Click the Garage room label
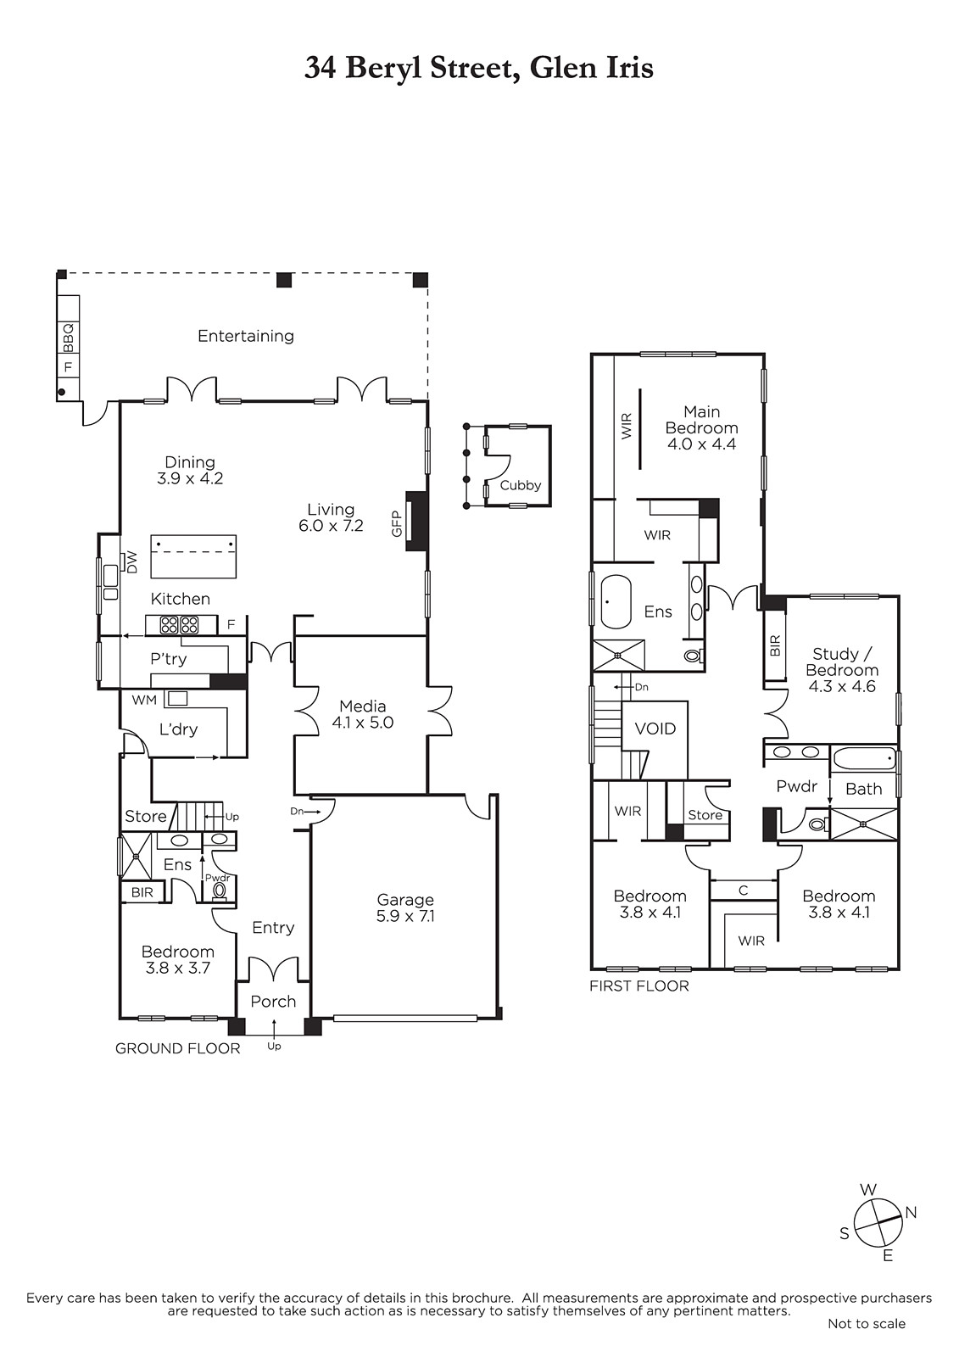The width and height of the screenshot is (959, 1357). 405,900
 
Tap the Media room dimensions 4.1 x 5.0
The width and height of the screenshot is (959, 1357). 362,722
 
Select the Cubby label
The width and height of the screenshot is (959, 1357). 521,485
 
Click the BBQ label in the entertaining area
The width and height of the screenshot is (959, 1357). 68,338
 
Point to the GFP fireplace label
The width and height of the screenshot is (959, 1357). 397,523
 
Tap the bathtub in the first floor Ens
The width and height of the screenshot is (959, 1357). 616,601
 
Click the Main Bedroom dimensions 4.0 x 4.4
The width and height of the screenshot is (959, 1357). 701,444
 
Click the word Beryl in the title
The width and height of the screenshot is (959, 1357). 384,69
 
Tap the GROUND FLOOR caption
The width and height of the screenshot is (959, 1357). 177,1048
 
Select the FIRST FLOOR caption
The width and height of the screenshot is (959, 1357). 639,986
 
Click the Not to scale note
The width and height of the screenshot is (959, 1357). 867,1324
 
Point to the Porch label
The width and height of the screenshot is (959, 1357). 273,1002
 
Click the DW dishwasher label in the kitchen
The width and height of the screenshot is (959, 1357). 131,563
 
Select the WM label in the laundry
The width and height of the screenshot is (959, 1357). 144,700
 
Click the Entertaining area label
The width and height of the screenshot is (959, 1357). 246,336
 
